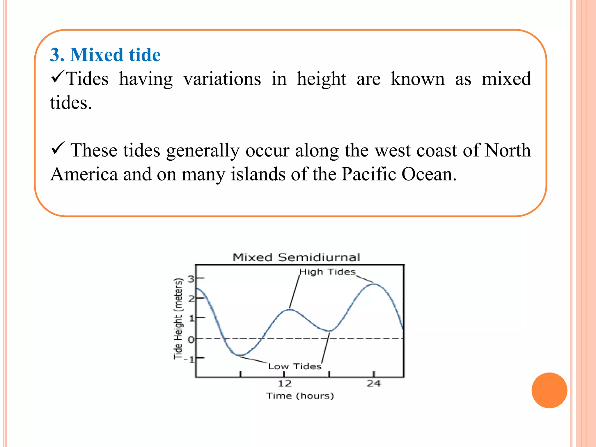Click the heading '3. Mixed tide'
click(105, 55)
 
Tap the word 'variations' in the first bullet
click(222, 79)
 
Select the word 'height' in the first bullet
click(321, 79)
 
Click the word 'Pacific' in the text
click(369, 174)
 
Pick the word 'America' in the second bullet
click(84, 174)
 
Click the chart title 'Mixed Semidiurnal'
click(296, 258)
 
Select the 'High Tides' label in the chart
click(327, 272)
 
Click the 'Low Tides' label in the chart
click(295, 366)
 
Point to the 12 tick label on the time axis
click(285, 384)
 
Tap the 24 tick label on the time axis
click(374, 384)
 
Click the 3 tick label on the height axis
click(191, 279)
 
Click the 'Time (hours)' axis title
click(300, 396)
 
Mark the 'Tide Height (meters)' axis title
click(178, 319)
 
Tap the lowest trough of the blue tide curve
click(240, 355)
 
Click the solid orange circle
click(549, 390)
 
